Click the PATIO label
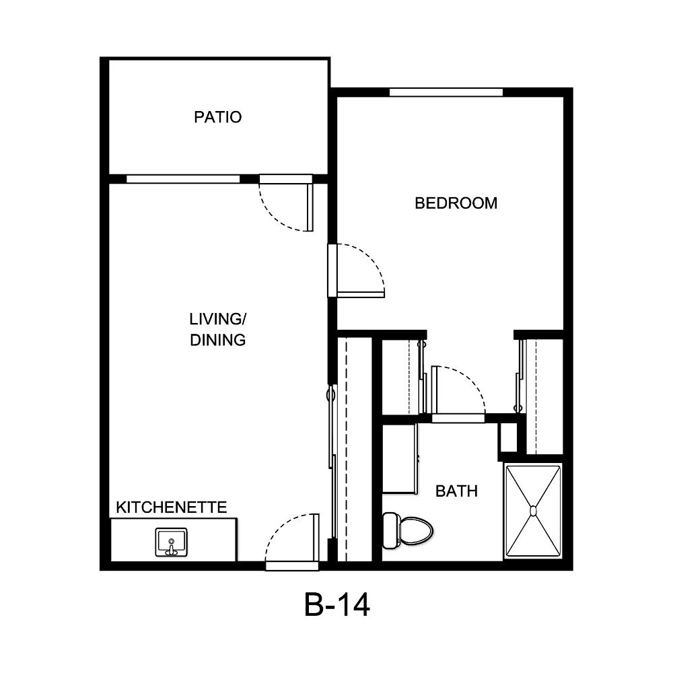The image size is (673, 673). point(217,117)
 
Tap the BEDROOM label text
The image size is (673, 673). point(456,203)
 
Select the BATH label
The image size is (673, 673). point(456,491)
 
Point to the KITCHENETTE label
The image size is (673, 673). point(172,507)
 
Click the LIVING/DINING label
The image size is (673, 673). point(217,329)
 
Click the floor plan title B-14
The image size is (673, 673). point(336,606)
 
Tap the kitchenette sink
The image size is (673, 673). point(171,542)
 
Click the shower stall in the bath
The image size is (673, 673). point(534,511)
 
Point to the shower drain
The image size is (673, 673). point(534,511)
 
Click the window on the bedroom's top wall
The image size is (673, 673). point(446,92)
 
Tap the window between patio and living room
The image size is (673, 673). point(183,179)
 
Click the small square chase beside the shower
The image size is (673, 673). point(507,438)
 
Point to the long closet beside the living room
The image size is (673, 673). point(354,448)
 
